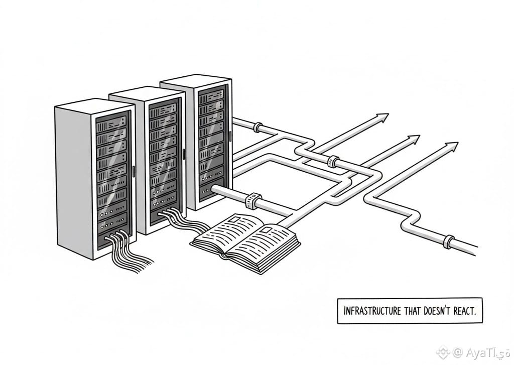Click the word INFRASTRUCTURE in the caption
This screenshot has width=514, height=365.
[372, 310]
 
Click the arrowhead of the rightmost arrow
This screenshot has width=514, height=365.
[452, 146]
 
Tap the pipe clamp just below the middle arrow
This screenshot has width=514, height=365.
[332, 161]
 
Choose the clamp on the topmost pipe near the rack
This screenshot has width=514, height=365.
[257, 127]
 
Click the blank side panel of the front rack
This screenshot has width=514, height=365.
[73, 178]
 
